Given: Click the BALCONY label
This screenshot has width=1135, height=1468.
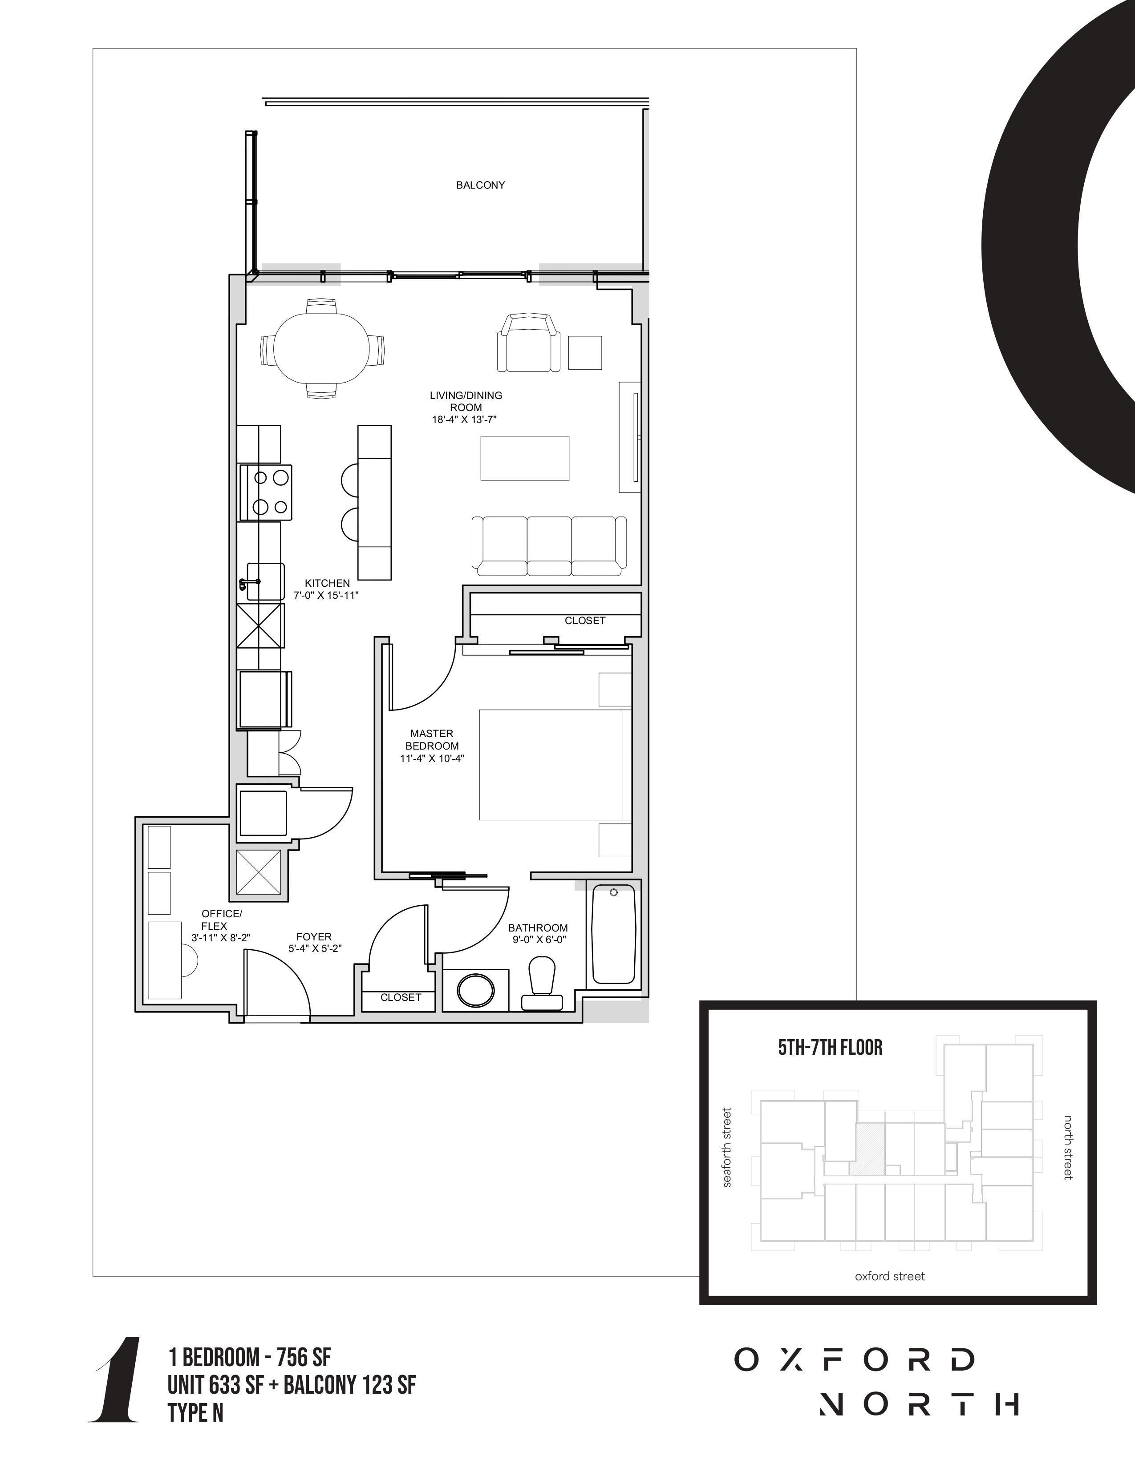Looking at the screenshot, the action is (x=480, y=185).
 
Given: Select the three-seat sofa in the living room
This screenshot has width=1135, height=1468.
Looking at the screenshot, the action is (x=549, y=546).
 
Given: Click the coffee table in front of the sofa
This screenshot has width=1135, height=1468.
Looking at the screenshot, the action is (x=524, y=458).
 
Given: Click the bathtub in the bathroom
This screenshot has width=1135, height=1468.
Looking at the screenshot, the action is (x=613, y=935).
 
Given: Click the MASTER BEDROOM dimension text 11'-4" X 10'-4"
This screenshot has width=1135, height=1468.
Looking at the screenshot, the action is (x=432, y=758).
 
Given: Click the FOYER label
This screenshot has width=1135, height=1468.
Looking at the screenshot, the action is (x=314, y=936).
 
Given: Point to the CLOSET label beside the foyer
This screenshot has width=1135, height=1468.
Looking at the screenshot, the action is (x=401, y=997).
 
